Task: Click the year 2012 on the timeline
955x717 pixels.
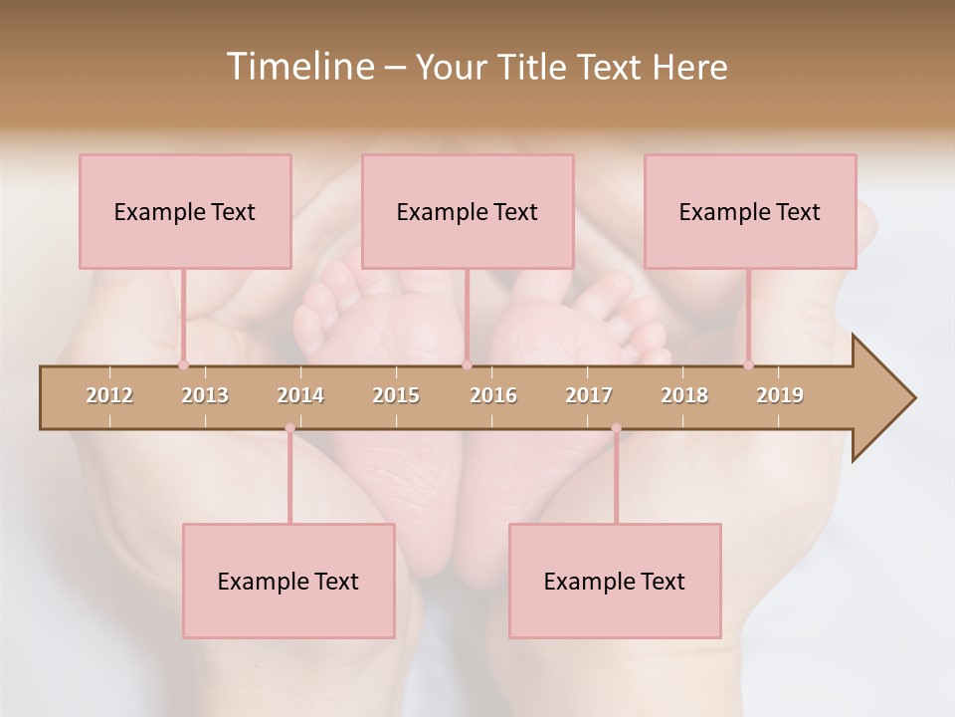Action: [109, 395]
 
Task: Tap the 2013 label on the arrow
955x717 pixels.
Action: [205, 395]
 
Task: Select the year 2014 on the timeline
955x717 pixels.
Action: [300, 395]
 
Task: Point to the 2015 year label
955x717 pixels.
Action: [396, 395]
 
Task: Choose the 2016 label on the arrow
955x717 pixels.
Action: [493, 395]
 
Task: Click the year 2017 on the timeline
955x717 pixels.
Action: [589, 395]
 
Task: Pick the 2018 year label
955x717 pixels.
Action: [684, 395]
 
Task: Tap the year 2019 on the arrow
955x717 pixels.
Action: [780, 395]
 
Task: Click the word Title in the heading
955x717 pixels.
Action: [534, 67]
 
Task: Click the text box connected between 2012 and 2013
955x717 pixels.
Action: [185, 211]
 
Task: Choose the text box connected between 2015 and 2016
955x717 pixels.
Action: [468, 211]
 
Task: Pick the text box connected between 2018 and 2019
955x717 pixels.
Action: [750, 211]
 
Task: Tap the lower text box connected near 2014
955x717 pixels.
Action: [288, 581]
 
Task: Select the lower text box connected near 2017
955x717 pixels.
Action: [615, 581]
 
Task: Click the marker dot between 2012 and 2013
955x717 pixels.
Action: [183, 364]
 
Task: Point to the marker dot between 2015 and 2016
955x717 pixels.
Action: [467, 364]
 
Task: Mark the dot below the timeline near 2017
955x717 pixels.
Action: [616, 428]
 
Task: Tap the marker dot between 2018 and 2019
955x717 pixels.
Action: [748, 364]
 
